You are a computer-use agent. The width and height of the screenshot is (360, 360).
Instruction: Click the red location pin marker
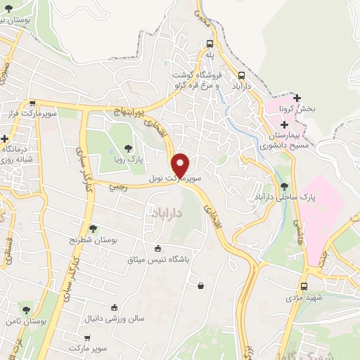tap(181, 165)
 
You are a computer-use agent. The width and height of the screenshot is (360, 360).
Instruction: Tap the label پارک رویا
tap(129, 160)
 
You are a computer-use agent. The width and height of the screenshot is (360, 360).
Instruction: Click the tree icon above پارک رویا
tap(128, 148)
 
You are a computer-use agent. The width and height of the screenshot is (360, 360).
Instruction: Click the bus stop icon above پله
tap(210, 44)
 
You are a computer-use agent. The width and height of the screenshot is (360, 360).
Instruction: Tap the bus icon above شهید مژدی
tap(304, 286)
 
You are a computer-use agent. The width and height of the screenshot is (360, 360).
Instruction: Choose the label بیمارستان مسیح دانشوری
tap(289, 140)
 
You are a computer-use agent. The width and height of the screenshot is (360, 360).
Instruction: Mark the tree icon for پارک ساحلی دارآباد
tap(285, 186)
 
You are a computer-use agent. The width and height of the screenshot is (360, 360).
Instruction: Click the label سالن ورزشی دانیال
tap(114, 319)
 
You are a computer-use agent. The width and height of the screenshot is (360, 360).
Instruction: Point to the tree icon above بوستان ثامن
tap(26, 309)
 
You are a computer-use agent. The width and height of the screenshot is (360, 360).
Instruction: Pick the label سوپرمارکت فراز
tap(30, 113)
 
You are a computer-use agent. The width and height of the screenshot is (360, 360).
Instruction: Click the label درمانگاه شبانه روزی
tap(20, 154)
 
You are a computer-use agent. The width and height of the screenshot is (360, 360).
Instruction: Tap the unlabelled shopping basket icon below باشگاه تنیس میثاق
tap(202, 285)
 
